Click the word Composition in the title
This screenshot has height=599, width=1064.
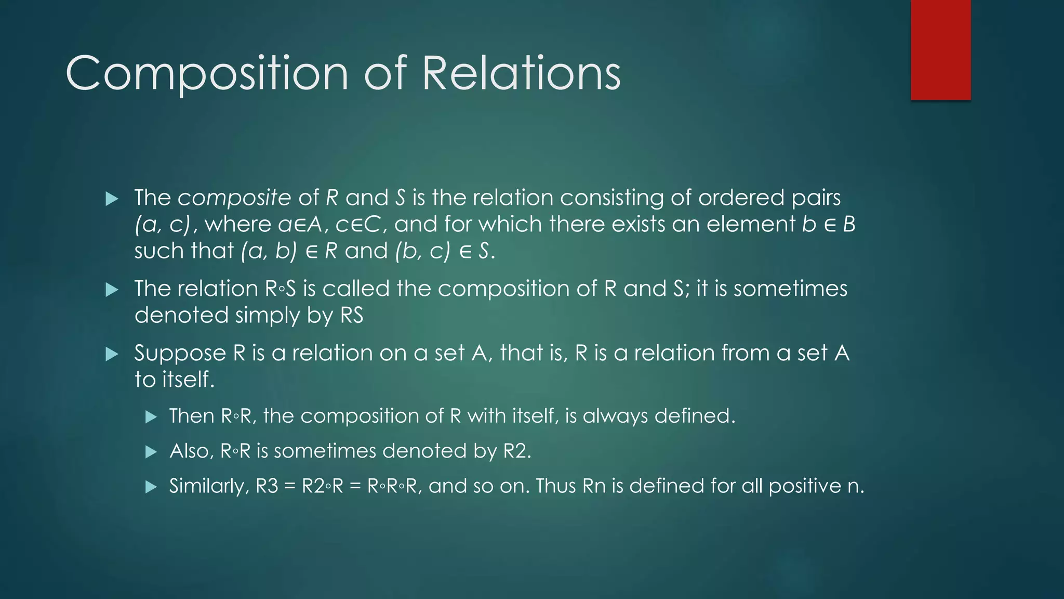coord(206,74)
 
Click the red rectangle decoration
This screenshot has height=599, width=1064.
coord(940,50)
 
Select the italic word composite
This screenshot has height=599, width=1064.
coord(234,198)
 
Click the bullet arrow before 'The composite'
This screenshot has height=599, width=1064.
coord(112,199)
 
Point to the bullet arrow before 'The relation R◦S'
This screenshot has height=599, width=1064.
coord(112,290)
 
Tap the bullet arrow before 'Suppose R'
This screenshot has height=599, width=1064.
coord(112,354)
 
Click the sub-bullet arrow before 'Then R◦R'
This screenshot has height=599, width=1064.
coord(151,417)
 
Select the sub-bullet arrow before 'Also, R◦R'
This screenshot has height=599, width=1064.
coord(151,452)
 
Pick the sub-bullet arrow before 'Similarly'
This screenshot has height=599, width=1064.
coord(151,487)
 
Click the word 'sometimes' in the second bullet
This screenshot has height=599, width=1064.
coord(790,289)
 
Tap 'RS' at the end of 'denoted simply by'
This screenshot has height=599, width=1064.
coord(352,316)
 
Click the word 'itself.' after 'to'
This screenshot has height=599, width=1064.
coord(189,380)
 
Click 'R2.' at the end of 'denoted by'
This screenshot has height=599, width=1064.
coord(517,451)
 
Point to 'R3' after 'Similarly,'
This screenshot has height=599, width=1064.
coord(267,486)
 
